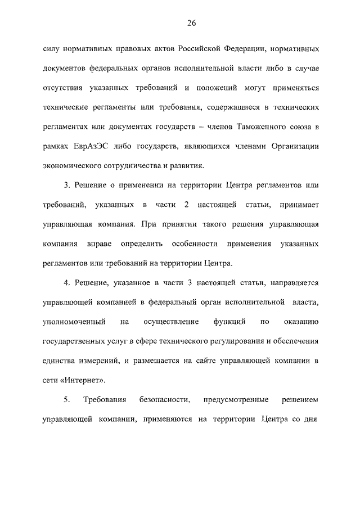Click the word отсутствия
click(63, 88)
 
